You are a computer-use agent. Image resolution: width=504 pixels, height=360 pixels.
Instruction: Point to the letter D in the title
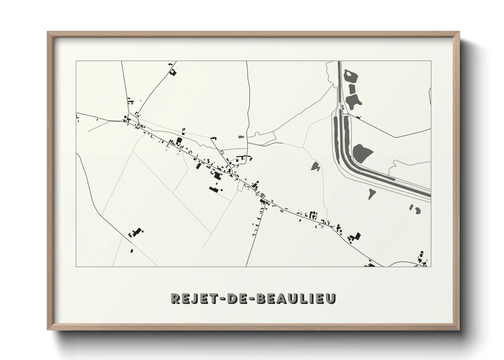tap(231, 298)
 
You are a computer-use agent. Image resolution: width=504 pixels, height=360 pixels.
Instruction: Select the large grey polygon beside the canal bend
tap(361, 153)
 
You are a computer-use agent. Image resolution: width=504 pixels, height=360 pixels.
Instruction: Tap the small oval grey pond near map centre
tap(241, 137)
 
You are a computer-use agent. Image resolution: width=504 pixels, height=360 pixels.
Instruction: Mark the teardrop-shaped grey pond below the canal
tap(372, 194)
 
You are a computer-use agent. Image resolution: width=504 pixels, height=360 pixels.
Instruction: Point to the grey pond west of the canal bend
tap(315, 166)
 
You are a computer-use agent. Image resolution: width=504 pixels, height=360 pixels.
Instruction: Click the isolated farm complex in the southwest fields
tap(135, 233)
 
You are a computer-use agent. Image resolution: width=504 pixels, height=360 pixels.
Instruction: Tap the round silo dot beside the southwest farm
tap(143, 231)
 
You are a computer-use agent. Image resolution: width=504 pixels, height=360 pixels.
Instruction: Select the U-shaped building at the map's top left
tap(173, 72)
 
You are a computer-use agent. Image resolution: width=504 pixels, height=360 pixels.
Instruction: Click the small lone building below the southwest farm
tap(132, 251)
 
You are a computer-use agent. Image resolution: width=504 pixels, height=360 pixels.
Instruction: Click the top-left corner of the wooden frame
tap(48, 32)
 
